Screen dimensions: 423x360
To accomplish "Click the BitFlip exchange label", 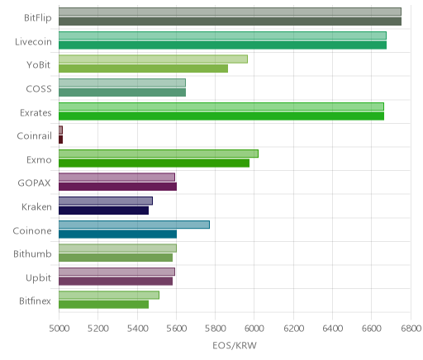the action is point(38,18).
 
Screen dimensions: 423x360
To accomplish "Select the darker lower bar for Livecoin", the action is point(222,45).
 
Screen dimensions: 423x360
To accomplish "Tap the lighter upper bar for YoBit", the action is point(153,59).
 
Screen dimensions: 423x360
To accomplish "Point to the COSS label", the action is point(39,89).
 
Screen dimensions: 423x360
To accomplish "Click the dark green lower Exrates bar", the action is point(221,116).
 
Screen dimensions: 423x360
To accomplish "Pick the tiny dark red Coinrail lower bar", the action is point(61,140).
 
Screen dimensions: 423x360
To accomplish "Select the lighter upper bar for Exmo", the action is point(159,154).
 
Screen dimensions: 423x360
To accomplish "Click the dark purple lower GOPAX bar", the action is point(117,187).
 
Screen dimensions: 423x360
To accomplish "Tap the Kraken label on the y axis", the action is point(36,207).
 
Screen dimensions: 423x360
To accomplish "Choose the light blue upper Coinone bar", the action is point(134,225).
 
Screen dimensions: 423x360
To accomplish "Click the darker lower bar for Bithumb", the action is point(116,258).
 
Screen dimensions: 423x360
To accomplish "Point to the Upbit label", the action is point(39,278).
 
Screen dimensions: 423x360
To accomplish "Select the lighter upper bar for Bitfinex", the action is point(109,296).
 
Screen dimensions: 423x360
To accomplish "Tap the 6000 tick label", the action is point(254,329).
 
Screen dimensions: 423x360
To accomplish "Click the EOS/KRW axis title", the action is point(235,345).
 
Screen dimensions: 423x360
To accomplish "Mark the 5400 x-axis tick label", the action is point(137,329).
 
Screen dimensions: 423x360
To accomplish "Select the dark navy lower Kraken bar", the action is point(103,211).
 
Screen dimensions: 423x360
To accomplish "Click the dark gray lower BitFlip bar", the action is point(230,21).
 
